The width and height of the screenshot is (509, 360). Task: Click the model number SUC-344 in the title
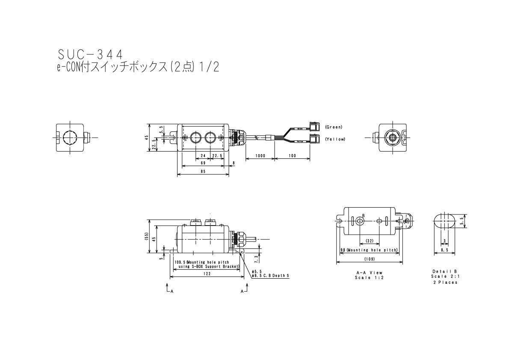coord(90,54)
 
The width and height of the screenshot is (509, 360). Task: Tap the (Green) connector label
coord(334,127)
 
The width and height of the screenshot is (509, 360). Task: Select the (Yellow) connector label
coord(334,139)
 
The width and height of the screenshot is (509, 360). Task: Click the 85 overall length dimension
coord(203,171)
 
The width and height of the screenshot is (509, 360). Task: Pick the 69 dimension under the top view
coord(203,163)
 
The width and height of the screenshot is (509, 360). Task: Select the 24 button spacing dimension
coord(203,156)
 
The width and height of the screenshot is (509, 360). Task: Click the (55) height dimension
coord(146,237)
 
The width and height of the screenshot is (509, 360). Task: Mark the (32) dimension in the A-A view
coord(370,241)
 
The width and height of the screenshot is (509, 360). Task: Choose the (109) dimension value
coord(369,259)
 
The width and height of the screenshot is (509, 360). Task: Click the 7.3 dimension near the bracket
coord(256,258)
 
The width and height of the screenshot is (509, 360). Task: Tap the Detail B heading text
coord(444,271)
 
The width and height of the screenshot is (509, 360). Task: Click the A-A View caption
coord(369,273)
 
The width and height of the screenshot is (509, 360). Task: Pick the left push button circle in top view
coord(196,137)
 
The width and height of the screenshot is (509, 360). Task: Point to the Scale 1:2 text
coord(369,277)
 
